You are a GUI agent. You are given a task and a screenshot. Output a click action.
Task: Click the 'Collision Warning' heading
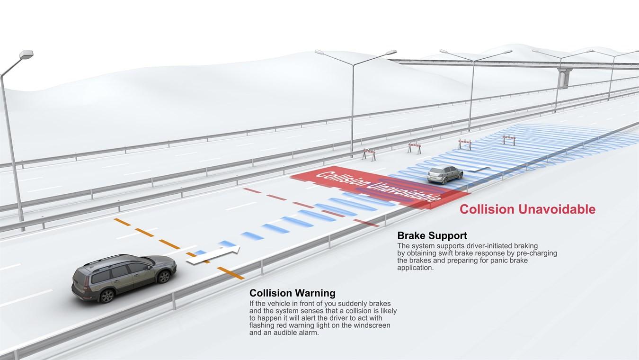tap(292, 293)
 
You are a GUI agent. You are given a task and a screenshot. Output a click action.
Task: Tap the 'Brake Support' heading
tap(432, 235)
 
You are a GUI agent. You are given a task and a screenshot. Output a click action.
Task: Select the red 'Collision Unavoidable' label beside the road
tap(527, 209)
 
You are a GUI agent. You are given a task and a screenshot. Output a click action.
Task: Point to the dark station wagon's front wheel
tap(164, 277)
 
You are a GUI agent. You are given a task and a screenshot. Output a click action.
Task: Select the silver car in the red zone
tap(445, 174)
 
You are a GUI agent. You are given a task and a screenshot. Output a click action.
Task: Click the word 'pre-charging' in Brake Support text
tap(536, 253)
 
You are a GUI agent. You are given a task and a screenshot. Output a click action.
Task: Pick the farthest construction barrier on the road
tap(509, 139)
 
